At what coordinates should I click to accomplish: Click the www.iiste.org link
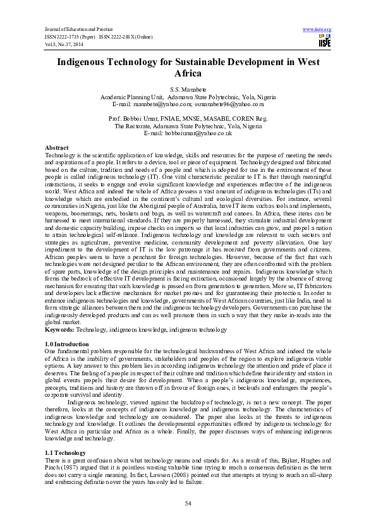click(x=317, y=30)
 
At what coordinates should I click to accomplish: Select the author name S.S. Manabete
click(x=188, y=91)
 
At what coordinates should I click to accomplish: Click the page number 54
click(x=188, y=503)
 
